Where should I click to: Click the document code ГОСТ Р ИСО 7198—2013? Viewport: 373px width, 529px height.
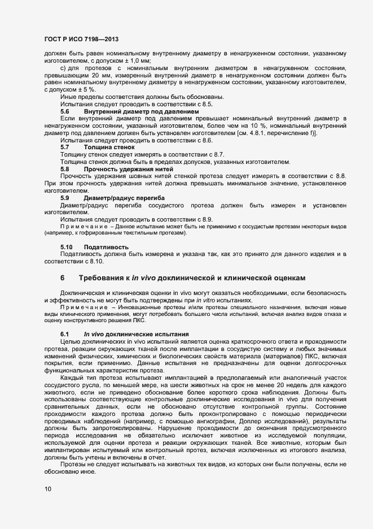[x=81, y=38]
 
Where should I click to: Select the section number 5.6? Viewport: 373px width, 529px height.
[x=65, y=112]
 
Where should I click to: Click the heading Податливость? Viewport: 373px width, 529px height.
[x=106, y=248]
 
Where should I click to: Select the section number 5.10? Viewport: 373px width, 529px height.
[x=67, y=248]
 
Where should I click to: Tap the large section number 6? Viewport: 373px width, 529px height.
[x=63, y=278]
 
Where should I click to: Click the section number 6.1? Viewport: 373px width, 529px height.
[x=65, y=335]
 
